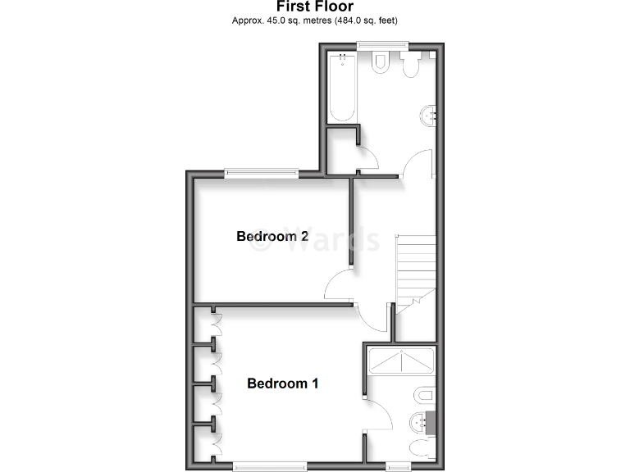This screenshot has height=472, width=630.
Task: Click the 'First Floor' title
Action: coord(314,7)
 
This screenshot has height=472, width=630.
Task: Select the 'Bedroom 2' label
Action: coord(272,237)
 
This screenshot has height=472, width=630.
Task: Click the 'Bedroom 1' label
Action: coord(283,383)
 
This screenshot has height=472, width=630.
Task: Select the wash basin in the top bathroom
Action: coord(427,116)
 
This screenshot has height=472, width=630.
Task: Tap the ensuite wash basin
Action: coord(420,422)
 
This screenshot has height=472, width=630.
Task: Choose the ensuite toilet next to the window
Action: coord(419,448)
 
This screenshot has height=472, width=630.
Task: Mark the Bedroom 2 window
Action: coord(261,172)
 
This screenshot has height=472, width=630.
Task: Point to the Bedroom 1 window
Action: coord(270,466)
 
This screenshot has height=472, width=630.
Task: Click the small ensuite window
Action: coord(399,466)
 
